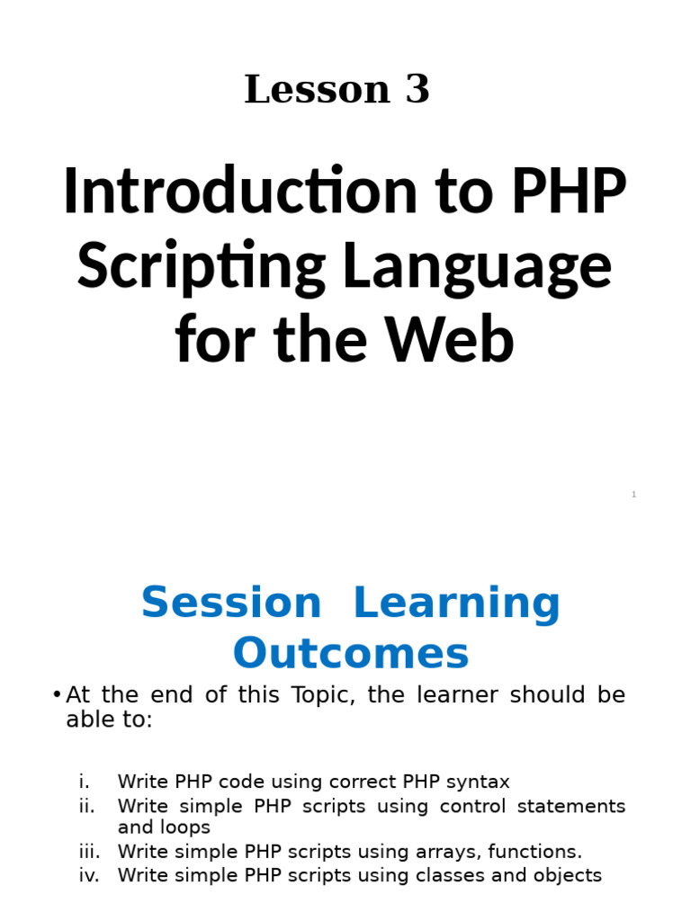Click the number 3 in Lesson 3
417,90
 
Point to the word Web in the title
458,342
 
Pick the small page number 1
633,495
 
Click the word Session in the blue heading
231,603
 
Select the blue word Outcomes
351,654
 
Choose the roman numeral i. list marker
85,782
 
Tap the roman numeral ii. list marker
87,805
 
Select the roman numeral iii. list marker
88,851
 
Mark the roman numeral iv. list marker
89,874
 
